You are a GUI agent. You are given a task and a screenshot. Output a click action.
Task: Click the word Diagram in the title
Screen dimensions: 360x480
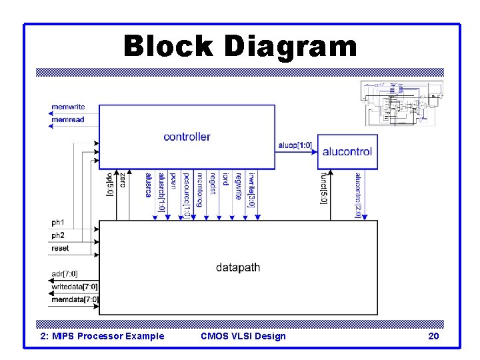[291, 47]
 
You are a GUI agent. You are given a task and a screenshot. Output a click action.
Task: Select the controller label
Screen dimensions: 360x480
[187, 137]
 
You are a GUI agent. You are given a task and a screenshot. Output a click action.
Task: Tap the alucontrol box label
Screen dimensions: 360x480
[347, 151]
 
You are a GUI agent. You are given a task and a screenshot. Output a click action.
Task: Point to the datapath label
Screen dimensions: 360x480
[238, 267]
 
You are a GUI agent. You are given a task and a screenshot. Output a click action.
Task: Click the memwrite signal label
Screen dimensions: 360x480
[68, 107]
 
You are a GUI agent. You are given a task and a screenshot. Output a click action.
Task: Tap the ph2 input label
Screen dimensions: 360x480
[58, 235]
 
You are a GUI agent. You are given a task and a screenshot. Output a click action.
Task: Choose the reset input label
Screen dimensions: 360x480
[60, 248]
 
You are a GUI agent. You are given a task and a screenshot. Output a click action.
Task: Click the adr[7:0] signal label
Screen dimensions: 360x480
[65, 274]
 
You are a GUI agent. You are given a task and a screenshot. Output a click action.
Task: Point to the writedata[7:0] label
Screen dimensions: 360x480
[75, 287]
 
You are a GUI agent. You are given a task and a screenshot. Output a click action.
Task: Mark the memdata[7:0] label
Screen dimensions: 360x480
[75, 299]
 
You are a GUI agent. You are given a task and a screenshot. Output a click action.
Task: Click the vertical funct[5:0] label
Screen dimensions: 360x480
[324, 189]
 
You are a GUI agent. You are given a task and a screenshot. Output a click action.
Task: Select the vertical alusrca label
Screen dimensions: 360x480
[148, 185]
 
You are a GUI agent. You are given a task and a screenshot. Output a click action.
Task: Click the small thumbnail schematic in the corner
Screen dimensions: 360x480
[403, 103]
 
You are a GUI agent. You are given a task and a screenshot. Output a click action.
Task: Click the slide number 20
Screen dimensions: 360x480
[433, 336]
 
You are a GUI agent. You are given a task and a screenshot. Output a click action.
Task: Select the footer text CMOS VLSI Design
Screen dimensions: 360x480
[243, 336]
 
